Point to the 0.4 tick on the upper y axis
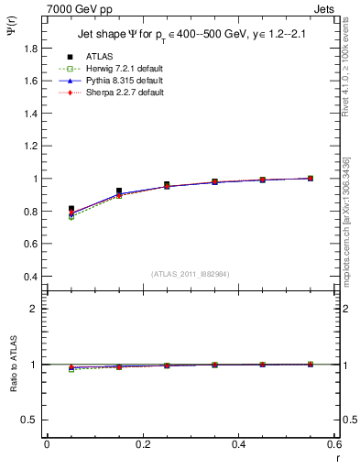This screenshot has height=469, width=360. click(x=31, y=277)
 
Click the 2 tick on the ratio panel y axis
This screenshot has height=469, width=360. click(x=35, y=309)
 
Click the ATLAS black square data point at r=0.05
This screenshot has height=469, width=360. click(x=71, y=209)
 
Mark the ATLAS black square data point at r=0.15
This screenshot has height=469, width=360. click(x=119, y=191)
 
